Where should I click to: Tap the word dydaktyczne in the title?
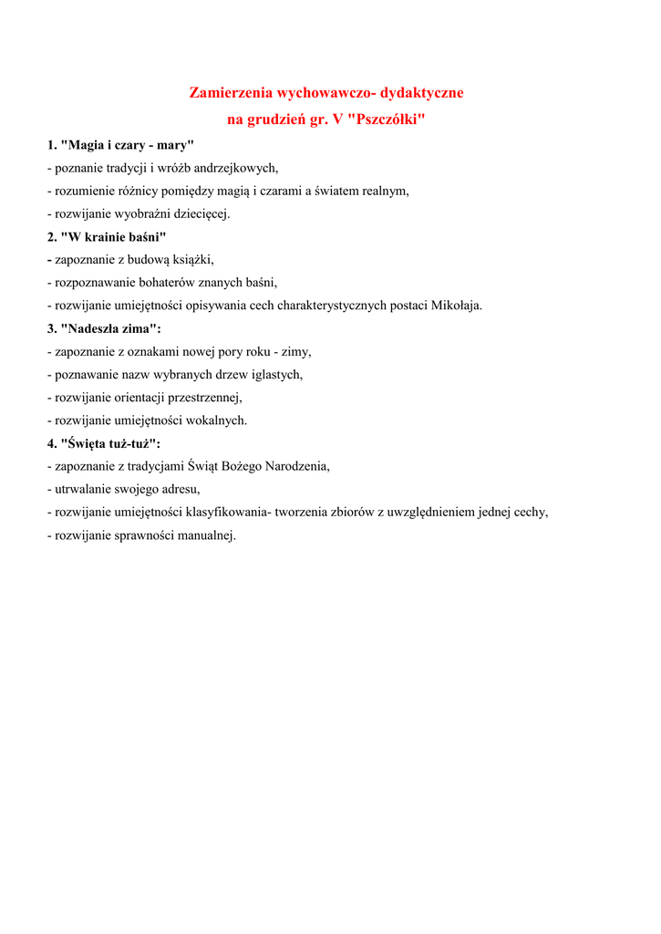[422, 93]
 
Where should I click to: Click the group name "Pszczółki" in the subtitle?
[387, 119]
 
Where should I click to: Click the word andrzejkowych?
[235, 168]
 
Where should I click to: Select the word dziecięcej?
[200, 213]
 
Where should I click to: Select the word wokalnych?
[218, 420]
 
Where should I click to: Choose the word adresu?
[178, 489]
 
